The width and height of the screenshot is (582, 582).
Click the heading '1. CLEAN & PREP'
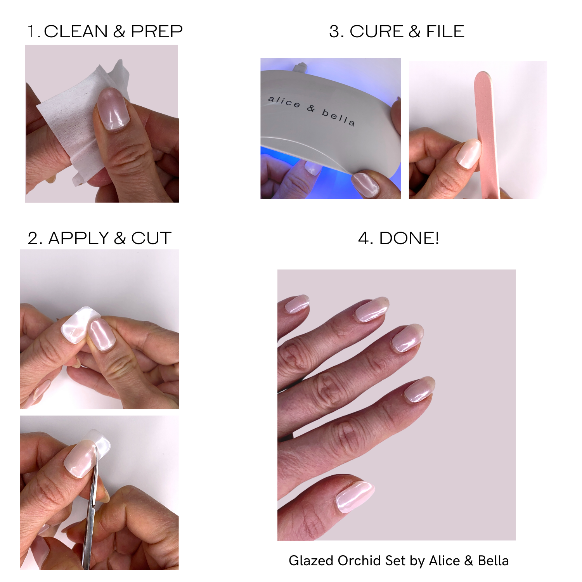[x=105, y=31]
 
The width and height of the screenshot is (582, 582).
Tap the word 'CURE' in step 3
[x=376, y=31]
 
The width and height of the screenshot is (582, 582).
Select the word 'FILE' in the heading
[x=445, y=31]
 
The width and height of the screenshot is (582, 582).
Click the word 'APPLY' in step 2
[x=78, y=238]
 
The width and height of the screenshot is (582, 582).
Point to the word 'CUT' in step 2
[x=151, y=238]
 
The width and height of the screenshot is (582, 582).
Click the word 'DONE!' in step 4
[x=409, y=238]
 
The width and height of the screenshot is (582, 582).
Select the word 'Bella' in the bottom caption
[x=493, y=561]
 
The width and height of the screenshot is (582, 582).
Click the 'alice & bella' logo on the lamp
[x=312, y=111]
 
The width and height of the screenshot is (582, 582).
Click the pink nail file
[x=487, y=134]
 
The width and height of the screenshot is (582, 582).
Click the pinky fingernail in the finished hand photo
[x=297, y=303]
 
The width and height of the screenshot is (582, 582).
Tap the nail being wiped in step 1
[x=113, y=109]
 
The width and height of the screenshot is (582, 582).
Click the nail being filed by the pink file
[x=469, y=153]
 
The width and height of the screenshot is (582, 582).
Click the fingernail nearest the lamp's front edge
[x=365, y=184]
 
